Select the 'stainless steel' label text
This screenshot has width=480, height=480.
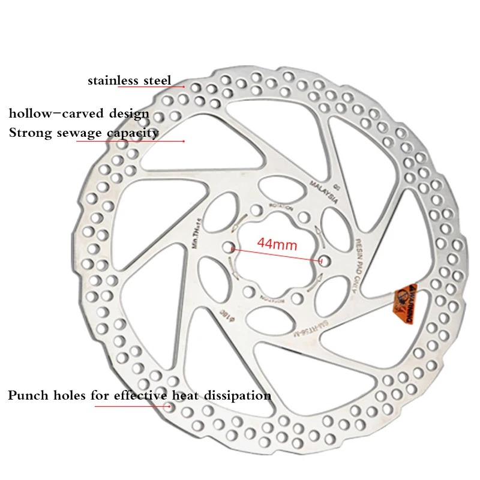[129, 80]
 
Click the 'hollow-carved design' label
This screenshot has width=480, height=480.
[79, 113]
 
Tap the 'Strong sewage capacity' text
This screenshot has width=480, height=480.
[83, 132]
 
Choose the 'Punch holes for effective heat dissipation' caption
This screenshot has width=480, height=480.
[139, 395]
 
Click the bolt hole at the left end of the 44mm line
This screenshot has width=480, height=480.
[228, 247]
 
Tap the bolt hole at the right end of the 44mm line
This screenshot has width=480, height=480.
[325, 260]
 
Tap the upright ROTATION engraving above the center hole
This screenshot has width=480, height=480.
[281, 206]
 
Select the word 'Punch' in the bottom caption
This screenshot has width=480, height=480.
[27, 395]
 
